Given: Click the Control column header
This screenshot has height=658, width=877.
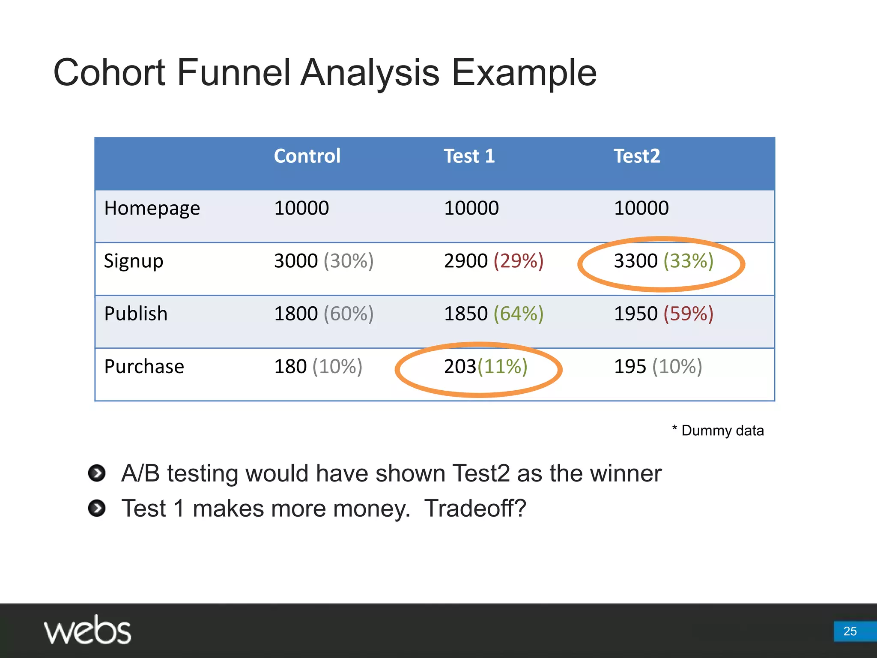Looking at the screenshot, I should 307,156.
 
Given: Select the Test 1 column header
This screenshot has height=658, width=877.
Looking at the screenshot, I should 469,156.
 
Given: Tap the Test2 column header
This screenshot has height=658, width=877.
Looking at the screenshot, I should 637,156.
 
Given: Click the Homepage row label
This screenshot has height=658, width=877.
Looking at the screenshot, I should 152,209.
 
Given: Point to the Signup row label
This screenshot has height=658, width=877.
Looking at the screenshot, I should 134,261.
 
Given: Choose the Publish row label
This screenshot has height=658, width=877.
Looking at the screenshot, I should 136,314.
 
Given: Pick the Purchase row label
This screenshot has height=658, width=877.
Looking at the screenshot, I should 144,367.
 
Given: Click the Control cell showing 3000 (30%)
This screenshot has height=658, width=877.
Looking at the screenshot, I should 324,261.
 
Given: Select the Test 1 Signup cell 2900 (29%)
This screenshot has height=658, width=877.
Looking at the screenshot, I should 494,261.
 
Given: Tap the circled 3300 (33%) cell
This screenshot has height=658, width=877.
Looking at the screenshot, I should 663,261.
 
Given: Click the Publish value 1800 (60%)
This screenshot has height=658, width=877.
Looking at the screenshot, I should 324,314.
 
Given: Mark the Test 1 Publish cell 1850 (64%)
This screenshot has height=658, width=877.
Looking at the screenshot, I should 494,314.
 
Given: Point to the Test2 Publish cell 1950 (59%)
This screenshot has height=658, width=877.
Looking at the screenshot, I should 663,314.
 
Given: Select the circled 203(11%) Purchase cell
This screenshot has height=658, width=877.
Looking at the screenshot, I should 485,367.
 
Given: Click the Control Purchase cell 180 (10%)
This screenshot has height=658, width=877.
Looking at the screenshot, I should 318,367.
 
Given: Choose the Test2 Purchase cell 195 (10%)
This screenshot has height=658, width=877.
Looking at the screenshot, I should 658,367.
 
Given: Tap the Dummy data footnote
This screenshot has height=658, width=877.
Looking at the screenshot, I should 718,430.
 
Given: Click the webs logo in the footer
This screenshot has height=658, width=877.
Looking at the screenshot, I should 87,630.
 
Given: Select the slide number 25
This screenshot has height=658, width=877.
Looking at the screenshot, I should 850,631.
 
